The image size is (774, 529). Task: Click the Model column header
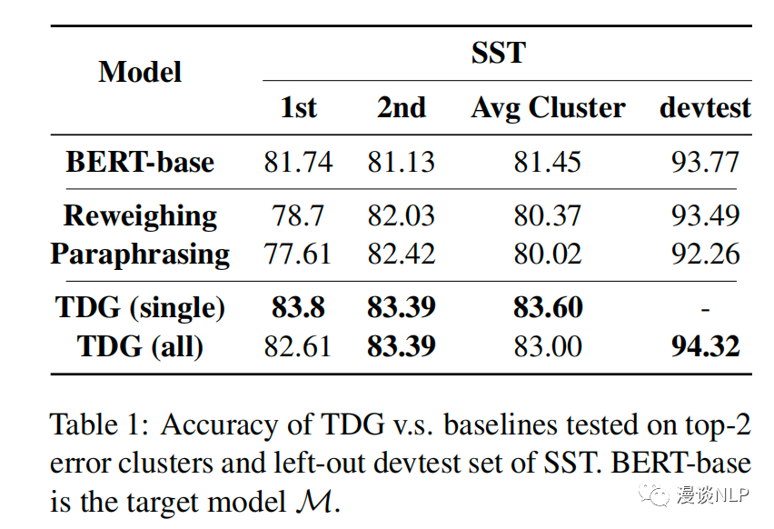point(140,72)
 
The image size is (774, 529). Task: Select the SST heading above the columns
point(498,53)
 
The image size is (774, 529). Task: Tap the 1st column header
point(298,107)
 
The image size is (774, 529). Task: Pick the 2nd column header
point(401,107)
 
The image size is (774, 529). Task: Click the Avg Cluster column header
point(548,107)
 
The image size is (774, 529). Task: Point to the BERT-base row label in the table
point(140,162)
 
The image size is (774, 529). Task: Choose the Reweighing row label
point(140,216)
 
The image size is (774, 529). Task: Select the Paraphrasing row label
point(140,253)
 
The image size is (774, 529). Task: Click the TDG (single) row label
point(140,308)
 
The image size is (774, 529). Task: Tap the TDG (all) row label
point(140,345)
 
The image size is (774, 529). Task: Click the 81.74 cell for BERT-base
point(298,162)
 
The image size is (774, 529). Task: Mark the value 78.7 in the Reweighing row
point(298,216)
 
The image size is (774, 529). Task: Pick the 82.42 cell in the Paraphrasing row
point(401,253)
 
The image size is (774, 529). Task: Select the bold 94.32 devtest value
point(705,345)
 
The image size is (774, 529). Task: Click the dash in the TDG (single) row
point(705,309)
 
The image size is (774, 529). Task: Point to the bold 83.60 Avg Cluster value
point(548,308)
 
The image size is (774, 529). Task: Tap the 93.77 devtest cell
point(705,162)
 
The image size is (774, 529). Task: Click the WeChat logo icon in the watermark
point(651,494)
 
